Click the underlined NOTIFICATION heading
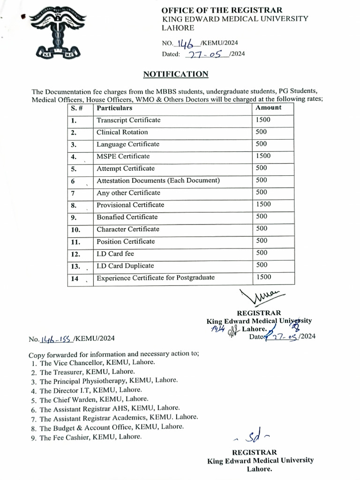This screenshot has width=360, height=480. tap(175, 74)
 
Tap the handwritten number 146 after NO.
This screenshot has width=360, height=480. tap(187, 43)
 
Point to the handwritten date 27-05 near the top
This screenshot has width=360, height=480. tap(206, 54)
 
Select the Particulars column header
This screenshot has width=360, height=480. tap(114, 108)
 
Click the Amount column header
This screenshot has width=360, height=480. tap(269, 108)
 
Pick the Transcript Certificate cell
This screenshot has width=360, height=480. tap(128, 120)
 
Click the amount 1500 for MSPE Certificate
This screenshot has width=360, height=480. tap(263, 156)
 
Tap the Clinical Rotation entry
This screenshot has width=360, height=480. tap(122, 132)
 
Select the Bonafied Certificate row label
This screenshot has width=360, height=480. tap(127, 217)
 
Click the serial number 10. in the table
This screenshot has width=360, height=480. tap(75, 230)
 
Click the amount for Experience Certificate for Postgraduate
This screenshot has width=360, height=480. tap(263, 277)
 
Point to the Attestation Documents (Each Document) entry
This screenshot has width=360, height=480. tap(158, 180)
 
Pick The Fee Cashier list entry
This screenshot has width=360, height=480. tap(90, 437)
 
